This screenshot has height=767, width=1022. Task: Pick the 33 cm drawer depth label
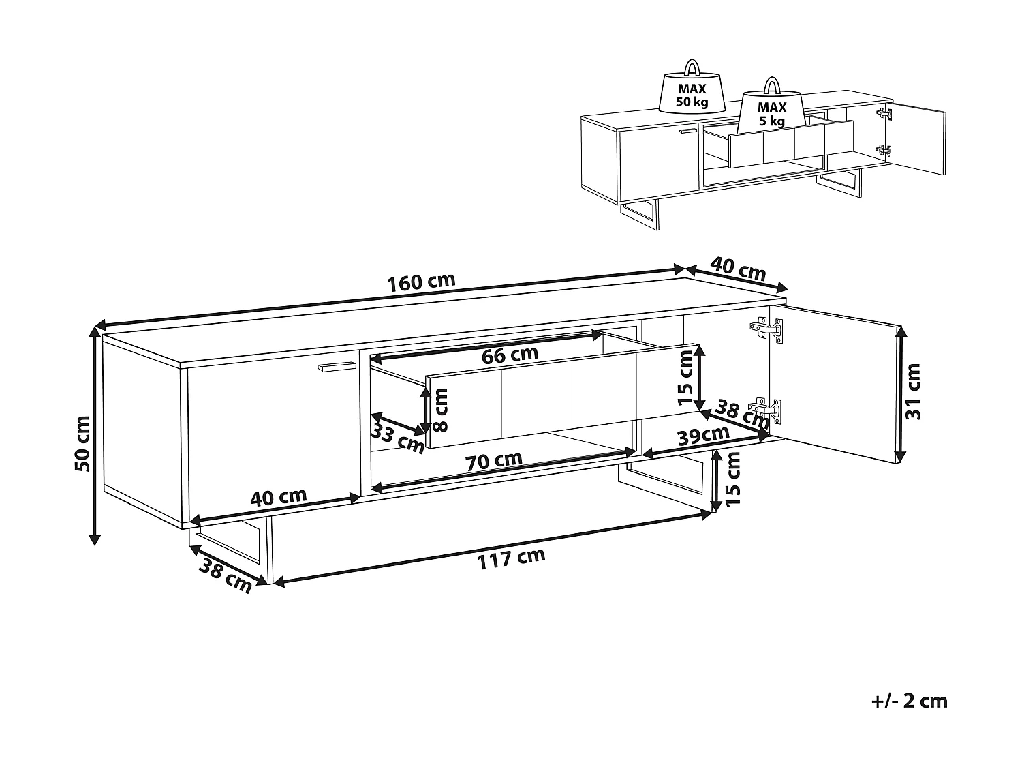click(x=398, y=437)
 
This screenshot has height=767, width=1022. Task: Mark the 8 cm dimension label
click(x=441, y=410)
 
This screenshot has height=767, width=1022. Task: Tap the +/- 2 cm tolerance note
click(x=909, y=700)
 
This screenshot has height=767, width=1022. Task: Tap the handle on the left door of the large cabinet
click(x=337, y=367)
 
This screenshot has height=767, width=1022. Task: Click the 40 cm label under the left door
click(x=278, y=497)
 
